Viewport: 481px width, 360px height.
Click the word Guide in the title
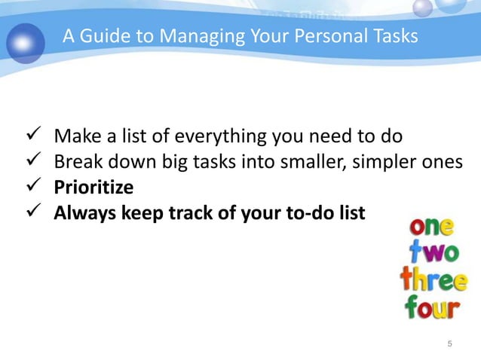[103, 35]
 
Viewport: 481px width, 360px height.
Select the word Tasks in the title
[394, 35]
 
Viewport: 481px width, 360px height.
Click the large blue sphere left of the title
[26, 41]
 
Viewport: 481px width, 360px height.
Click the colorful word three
[433, 281]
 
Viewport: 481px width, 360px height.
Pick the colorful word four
[433, 307]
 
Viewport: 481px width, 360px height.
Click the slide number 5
[450, 344]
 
